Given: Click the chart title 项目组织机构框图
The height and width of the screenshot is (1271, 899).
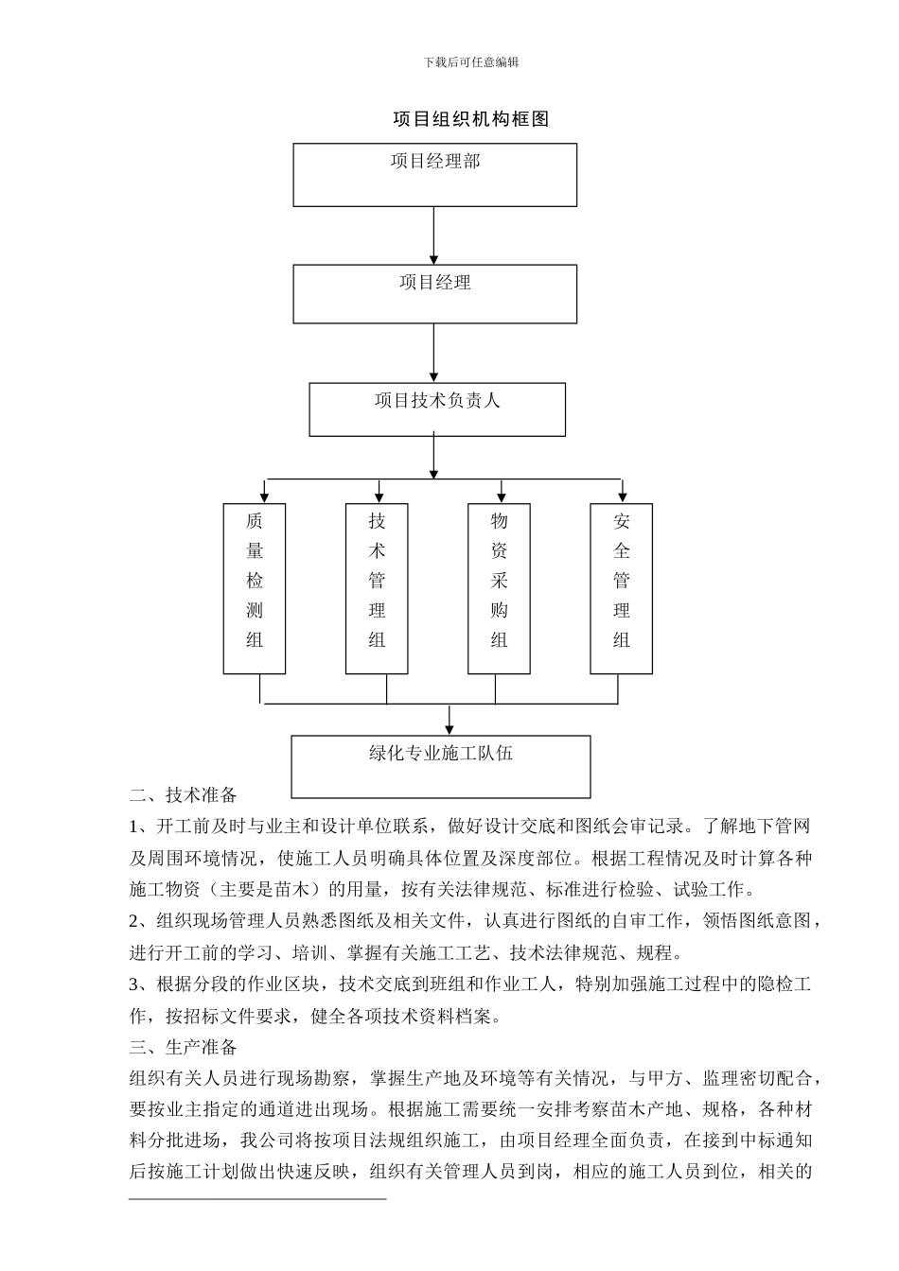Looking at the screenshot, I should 470,119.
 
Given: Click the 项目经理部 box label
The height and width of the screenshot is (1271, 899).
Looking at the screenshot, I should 435,162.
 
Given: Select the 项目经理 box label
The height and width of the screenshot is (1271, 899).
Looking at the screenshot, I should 435,282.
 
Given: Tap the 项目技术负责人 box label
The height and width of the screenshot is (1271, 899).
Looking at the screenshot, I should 437,400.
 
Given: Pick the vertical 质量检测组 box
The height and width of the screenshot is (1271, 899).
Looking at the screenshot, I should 255,588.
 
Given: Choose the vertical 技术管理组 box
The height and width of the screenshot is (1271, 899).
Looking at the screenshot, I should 377,588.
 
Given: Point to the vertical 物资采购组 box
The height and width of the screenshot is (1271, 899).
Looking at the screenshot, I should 499,588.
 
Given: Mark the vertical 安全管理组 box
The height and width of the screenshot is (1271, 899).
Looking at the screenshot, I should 621,588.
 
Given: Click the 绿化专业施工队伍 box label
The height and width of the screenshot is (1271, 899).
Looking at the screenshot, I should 441,754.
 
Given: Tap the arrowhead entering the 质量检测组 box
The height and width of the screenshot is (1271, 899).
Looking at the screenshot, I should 265,496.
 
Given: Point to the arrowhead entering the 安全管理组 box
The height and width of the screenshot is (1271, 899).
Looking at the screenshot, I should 622,496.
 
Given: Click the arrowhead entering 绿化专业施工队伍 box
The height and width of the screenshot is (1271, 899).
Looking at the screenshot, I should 449,727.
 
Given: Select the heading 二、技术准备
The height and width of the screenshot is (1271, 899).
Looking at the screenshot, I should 184,794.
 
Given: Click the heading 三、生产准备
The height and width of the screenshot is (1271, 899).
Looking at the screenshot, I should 184,1047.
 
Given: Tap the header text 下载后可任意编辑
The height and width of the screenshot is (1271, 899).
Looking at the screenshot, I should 471,62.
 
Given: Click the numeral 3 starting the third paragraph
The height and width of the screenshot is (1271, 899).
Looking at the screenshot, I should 134,984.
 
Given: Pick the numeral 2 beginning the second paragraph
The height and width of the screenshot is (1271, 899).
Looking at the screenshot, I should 134,921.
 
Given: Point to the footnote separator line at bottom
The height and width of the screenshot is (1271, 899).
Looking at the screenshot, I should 257,1199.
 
